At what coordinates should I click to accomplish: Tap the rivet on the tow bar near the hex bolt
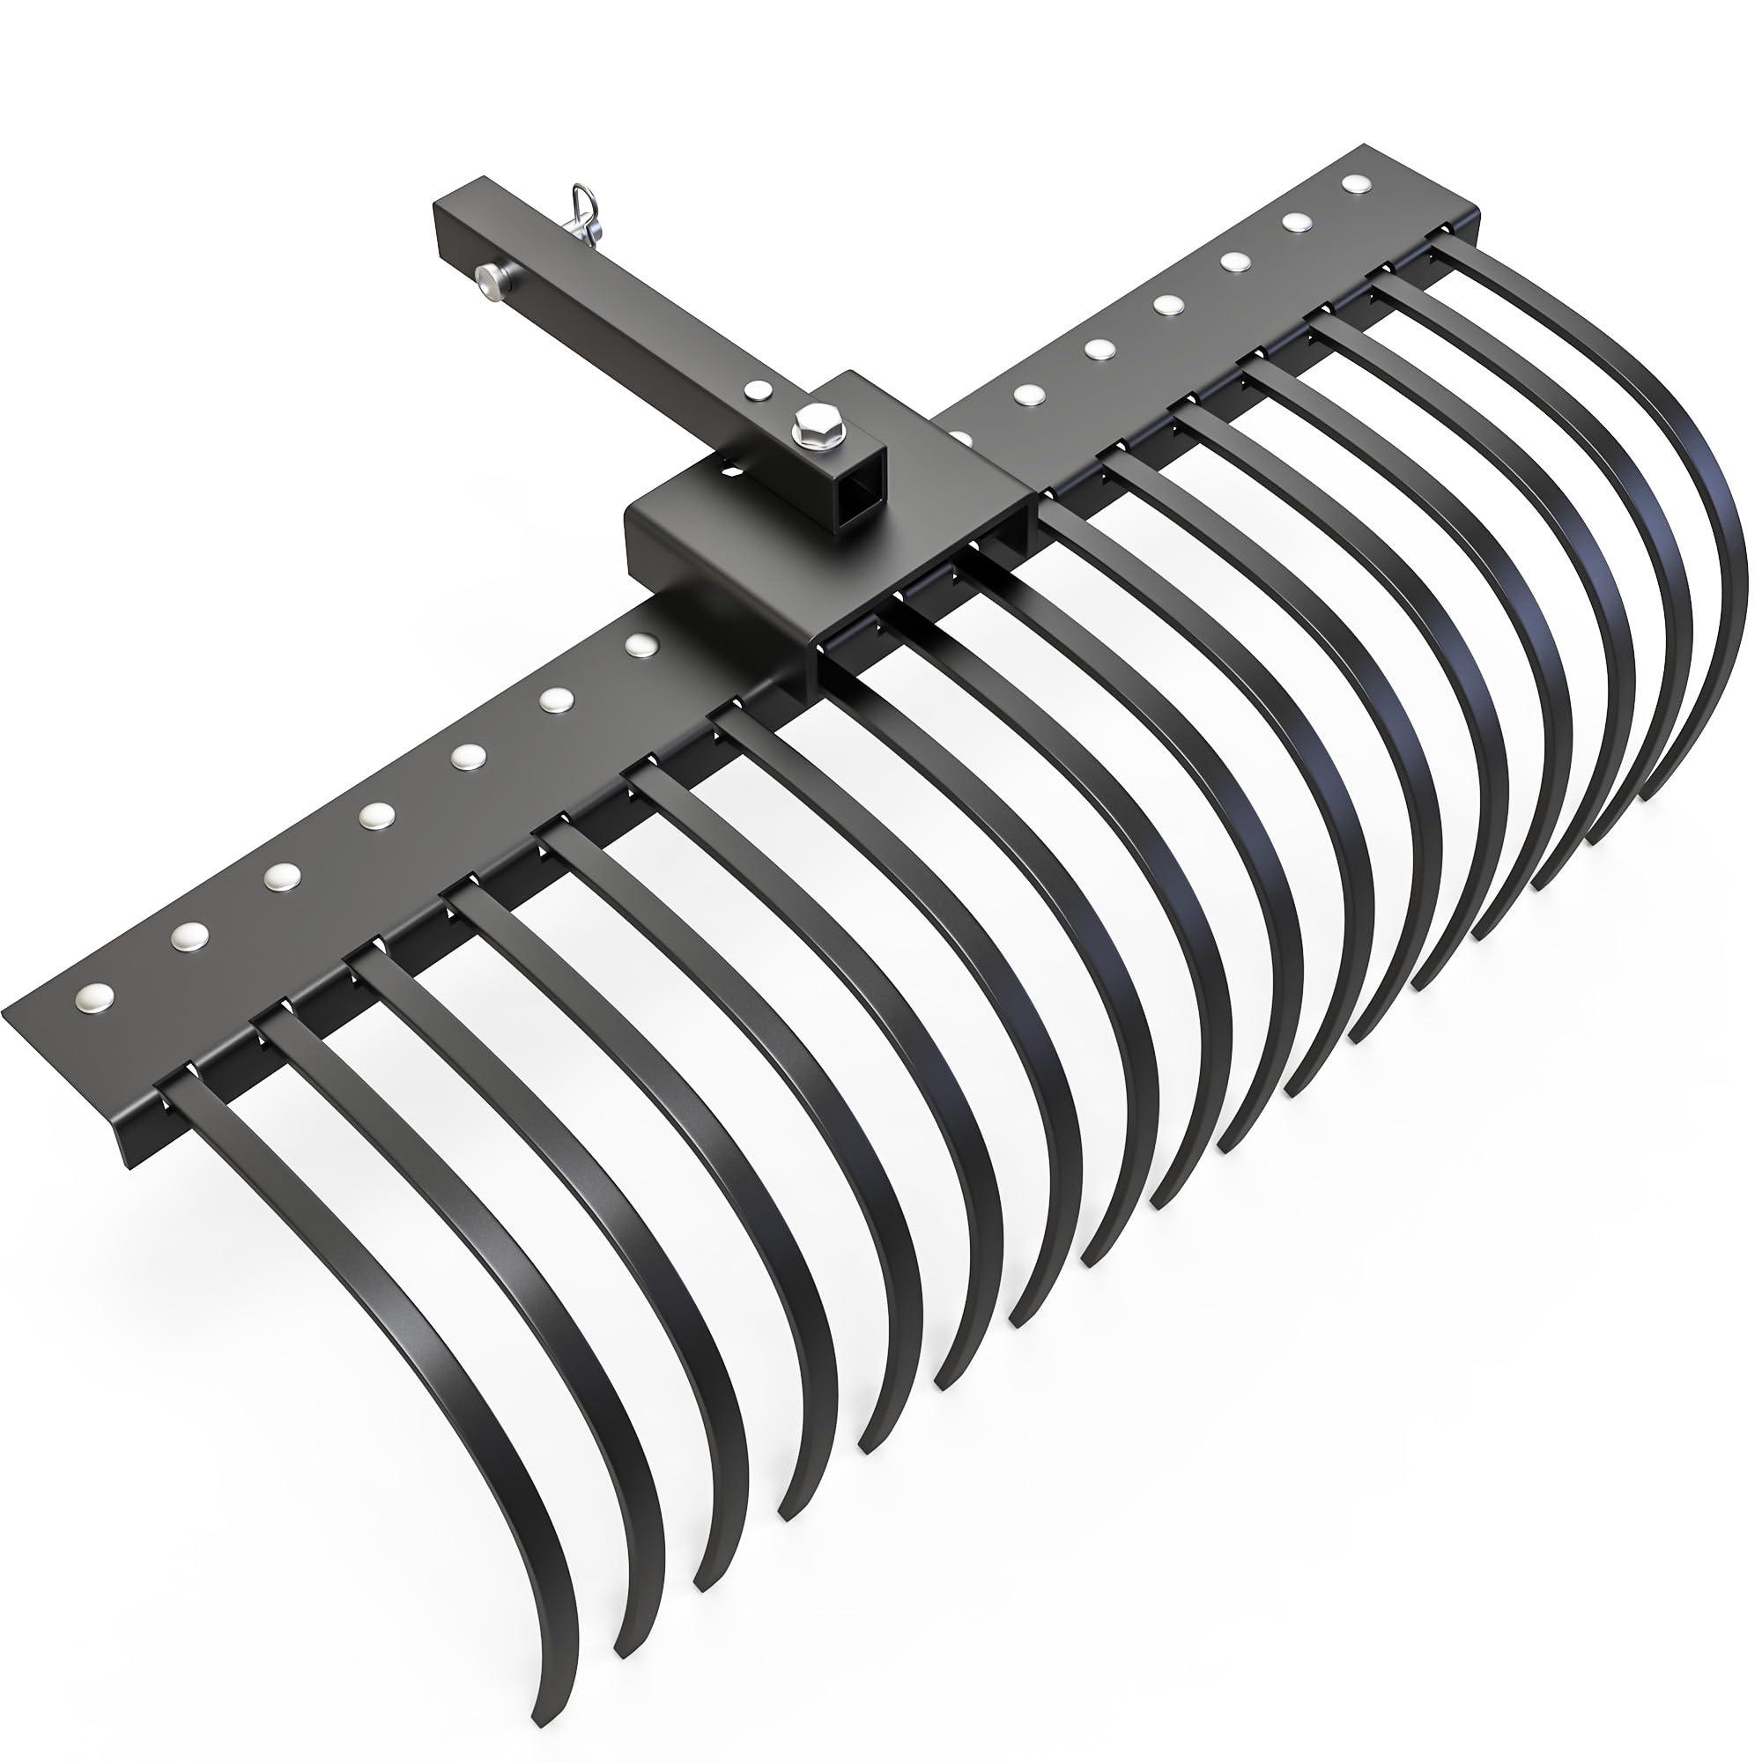755,389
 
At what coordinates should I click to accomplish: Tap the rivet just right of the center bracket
1028,393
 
